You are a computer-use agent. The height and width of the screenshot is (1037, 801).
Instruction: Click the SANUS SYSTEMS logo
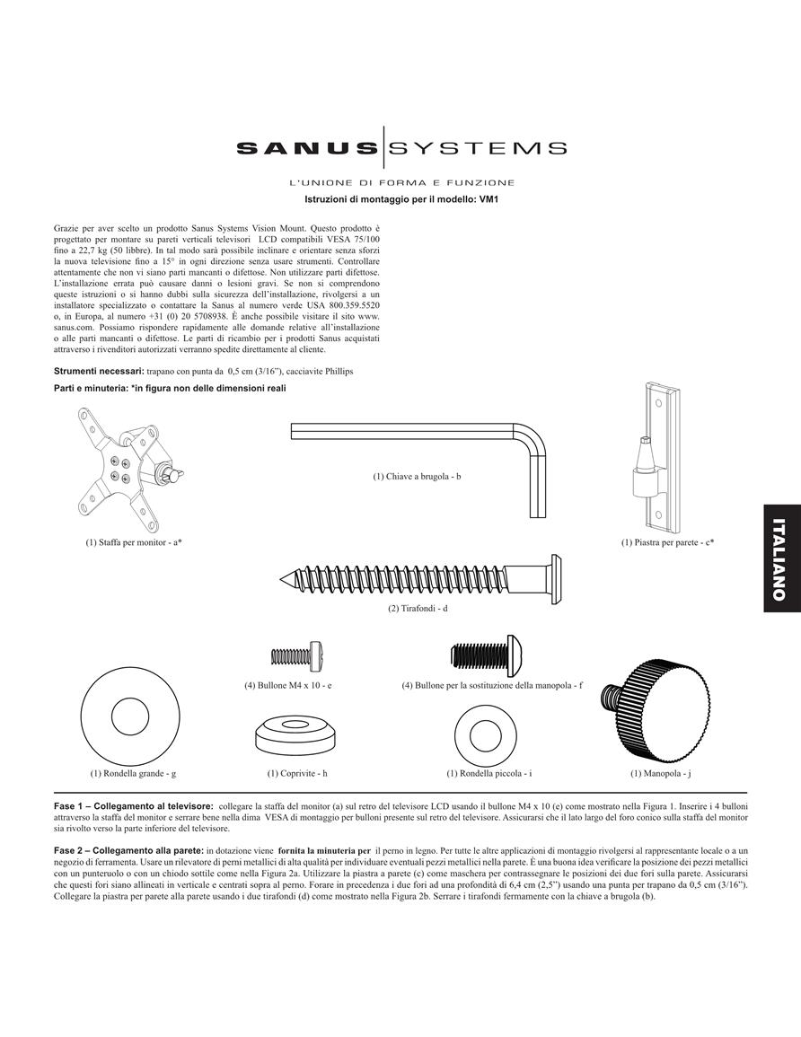point(400,147)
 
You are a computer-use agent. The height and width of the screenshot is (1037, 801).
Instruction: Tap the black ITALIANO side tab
point(782,558)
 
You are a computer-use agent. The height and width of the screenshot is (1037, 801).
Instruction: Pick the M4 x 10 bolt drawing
point(297,656)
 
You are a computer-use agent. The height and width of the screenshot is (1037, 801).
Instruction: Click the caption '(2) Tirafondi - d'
point(418,608)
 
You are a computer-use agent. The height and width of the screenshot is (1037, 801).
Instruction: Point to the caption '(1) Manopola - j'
point(660,773)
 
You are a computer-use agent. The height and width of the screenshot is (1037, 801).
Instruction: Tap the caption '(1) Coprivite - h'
point(297,773)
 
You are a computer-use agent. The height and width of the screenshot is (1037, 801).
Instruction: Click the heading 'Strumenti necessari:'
point(99,371)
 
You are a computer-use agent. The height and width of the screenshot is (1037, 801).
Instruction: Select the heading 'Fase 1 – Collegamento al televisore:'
point(134,806)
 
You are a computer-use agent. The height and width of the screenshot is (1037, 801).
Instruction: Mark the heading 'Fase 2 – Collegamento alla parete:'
point(128,850)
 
